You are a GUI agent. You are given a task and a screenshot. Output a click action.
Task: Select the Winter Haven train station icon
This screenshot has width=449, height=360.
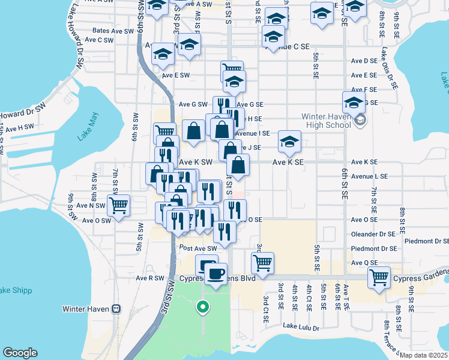click(116, 309)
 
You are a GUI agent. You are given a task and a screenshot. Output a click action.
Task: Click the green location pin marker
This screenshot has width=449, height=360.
click(203, 308)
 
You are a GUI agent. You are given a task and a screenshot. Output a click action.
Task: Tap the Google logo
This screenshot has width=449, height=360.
click(20, 353)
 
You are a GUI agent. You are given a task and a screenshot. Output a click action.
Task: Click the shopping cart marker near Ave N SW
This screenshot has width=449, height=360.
click(119, 205)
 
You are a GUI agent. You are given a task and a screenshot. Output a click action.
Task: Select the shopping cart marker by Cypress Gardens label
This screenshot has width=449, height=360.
click(379, 277)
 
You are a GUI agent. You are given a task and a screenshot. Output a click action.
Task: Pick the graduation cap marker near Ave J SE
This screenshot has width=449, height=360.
click(289, 142)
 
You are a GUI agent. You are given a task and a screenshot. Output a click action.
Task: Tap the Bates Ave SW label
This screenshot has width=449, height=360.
click(113, 31)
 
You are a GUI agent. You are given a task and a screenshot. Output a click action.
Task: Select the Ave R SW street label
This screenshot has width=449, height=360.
click(149, 278)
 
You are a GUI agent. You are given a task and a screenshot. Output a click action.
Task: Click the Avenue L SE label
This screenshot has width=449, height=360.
click(370, 176)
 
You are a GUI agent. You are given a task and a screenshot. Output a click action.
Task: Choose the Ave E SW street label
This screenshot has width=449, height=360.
click(175, 75)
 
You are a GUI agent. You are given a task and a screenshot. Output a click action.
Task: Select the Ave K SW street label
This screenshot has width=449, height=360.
click(196, 162)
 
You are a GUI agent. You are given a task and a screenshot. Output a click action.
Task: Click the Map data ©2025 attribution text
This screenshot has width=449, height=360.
click(423, 355)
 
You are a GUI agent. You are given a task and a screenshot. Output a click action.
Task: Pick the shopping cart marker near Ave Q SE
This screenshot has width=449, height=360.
click(262, 262)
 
